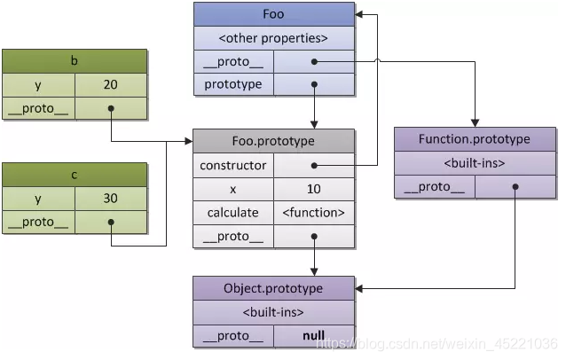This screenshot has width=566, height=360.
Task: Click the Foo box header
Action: click(273, 14)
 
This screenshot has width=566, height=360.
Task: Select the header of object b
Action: click(74, 61)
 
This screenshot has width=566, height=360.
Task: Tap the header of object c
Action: click(74, 175)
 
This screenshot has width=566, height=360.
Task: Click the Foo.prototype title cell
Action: click(273, 141)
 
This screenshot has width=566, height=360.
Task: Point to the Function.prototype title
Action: click(475, 139)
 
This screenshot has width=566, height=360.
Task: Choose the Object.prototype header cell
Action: click(273, 288)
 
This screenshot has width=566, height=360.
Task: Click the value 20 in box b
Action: click(111, 85)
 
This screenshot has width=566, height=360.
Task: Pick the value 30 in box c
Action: click(111, 199)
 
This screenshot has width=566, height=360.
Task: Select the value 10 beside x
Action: click(313, 189)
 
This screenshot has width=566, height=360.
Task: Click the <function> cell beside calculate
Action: click(313, 213)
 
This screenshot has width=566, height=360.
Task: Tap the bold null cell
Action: click(313, 336)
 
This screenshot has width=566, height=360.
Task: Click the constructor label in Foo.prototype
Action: click(233, 165)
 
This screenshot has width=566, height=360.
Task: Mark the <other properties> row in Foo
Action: click(273, 38)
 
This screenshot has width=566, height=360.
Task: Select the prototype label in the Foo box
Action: click(233, 85)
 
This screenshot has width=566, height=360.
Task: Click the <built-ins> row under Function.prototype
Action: click(475, 163)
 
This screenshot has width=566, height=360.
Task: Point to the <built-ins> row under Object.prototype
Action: click(273, 312)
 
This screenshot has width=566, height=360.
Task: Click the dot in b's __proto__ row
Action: click(111, 109)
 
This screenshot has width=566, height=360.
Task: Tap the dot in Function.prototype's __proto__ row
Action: click(515, 187)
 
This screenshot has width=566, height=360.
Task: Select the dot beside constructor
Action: click(313, 165)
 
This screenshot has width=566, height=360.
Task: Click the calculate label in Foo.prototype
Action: click(233, 213)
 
